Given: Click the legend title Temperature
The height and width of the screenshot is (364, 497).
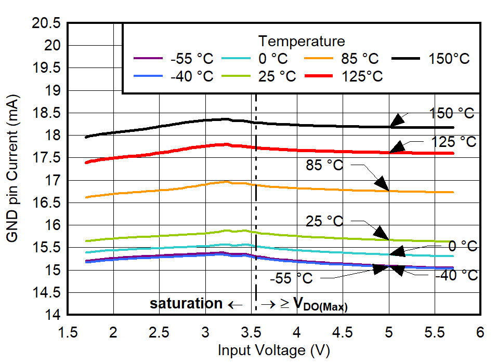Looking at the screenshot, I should pos(302,41).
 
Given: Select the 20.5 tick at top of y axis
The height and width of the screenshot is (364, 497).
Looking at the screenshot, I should pos(48,23).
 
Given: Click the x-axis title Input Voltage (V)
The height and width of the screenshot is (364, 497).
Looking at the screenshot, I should pos(273,351).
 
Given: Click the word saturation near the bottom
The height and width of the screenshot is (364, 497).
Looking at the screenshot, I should pos(186,304).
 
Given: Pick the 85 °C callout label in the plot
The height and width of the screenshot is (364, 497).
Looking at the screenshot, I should pos(324,166).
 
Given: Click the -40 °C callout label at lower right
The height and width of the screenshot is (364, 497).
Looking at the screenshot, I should pos(456,275).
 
